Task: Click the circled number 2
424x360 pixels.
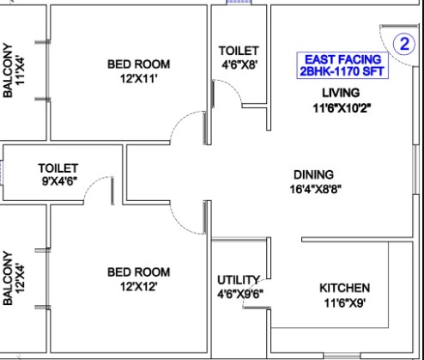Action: click(404, 44)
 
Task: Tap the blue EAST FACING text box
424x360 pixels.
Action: click(342, 65)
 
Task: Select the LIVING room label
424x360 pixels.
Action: click(341, 93)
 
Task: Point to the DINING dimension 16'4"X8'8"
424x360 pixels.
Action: click(316, 189)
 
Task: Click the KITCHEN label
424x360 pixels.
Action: click(344, 288)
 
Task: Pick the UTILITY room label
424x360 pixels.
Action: click(239, 280)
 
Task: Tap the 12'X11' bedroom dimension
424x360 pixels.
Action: click(139, 78)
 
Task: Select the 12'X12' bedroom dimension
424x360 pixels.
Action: click(139, 286)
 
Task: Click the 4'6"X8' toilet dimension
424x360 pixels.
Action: click(239, 65)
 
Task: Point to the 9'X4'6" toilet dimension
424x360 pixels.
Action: click(59, 181)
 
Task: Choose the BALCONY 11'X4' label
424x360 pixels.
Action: click(14, 70)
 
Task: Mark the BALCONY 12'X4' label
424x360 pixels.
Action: click(14, 278)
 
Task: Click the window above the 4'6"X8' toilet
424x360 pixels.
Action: click(239, 3)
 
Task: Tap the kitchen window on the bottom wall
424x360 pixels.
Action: click(342, 356)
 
